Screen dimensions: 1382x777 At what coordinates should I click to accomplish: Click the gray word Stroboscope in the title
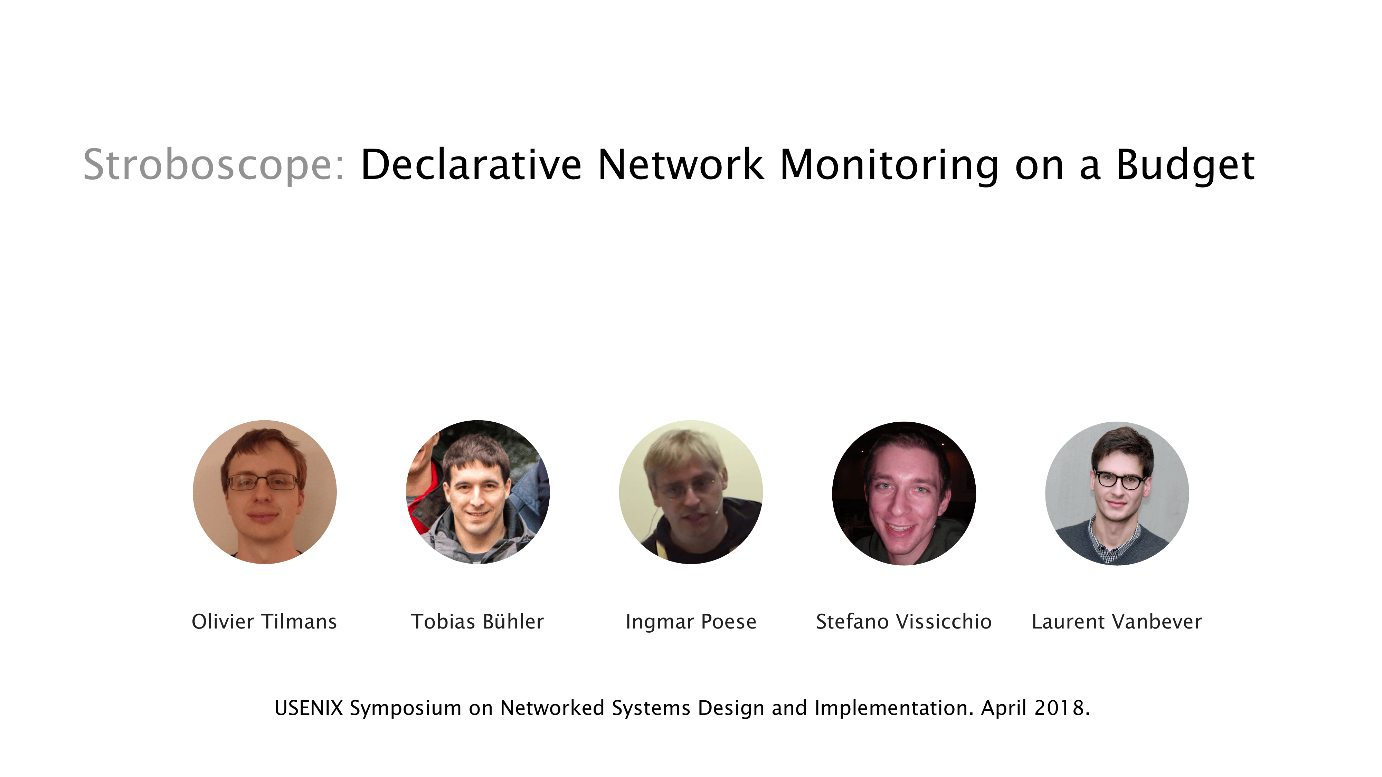click(x=213, y=165)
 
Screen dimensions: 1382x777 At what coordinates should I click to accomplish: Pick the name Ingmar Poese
click(x=691, y=622)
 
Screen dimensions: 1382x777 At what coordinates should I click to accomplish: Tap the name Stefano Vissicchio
click(x=904, y=622)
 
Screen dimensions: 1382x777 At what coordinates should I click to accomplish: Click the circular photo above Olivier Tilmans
click(x=265, y=492)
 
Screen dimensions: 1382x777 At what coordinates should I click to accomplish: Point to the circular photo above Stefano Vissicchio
click(x=904, y=493)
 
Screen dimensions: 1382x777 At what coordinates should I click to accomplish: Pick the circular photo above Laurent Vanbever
click(x=1117, y=493)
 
